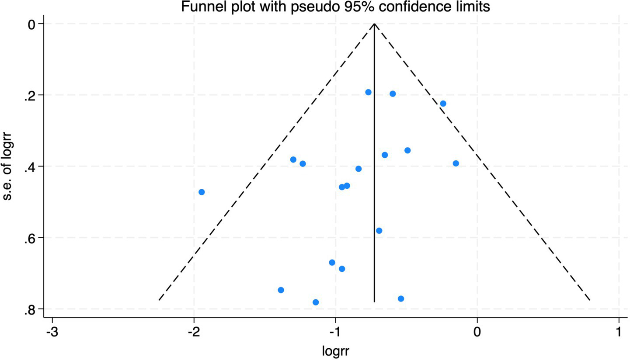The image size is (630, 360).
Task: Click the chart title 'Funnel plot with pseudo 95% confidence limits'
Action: pyautogui.click(x=331, y=7)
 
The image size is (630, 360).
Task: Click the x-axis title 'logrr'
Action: pyautogui.click(x=335, y=350)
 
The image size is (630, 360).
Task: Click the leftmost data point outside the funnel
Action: pyautogui.click(x=202, y=192)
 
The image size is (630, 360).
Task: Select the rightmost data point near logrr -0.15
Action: pyautogui.click(x=456, y=163)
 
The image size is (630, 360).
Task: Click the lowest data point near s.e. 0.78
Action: pyautogui.click(x=316, y=302)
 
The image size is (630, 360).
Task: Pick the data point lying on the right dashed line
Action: pyautogui.click(x=443, y=104)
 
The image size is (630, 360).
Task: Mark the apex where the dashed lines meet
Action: pyautogui.click(x=374, y=24)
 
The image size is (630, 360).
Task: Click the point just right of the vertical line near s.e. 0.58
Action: pyautogui.click(x=379, y=231)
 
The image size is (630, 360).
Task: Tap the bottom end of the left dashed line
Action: pyautogui.click(x=159, y=300)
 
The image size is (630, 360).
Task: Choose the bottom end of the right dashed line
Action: pyautogui.click(x=590, y=300)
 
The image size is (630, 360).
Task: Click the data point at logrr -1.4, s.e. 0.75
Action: pyautogui.click(x=281, y=290)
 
